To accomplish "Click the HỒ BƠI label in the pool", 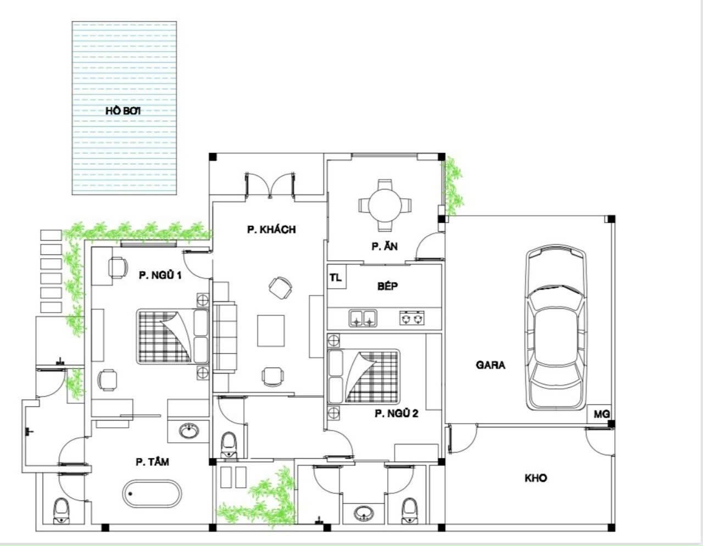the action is (x=123, y=110).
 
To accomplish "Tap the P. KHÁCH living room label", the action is (x=271, y=230).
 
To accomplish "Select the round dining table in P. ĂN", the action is (x=385, y=205).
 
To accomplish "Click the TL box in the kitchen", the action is (x=337, y=277).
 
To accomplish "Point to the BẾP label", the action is (x=387, y=286).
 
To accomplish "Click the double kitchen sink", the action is (x=362, y=317).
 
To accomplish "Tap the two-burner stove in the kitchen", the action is (x=412, y=317).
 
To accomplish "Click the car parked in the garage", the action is (x=556, y=328).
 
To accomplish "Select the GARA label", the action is (x=490, y=365).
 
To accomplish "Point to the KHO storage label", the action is (x=535, y=478).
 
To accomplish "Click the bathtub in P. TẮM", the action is (x=152, y=494).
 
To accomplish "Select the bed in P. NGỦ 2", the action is (x=364, y=376).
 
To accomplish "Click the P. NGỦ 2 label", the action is (x=397, y=413).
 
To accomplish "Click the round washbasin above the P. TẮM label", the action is (x=189, y=431).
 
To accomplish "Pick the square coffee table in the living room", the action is (x=271, y=331).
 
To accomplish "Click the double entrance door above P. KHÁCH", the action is (x=270, y=185).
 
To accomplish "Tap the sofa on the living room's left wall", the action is (x=225, y=336).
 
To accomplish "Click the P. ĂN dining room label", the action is (x=384, y=247).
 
